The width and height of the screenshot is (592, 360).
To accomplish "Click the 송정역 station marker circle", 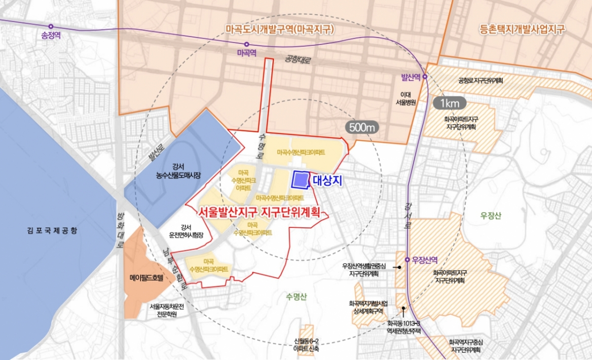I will click(51, 26).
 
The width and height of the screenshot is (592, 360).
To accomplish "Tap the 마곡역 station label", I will click(245, 52).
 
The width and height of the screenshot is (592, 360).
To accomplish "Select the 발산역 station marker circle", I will click(424, 77).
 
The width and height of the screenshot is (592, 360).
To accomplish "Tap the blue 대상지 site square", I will click(300, 180).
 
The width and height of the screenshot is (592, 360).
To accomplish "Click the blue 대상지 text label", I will click(328, 181).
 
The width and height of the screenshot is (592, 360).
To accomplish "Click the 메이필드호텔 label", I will click(145, 278).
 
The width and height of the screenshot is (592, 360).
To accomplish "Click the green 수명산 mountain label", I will click(296, 296).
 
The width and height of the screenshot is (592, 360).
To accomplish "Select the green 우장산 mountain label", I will click(493, 215).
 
